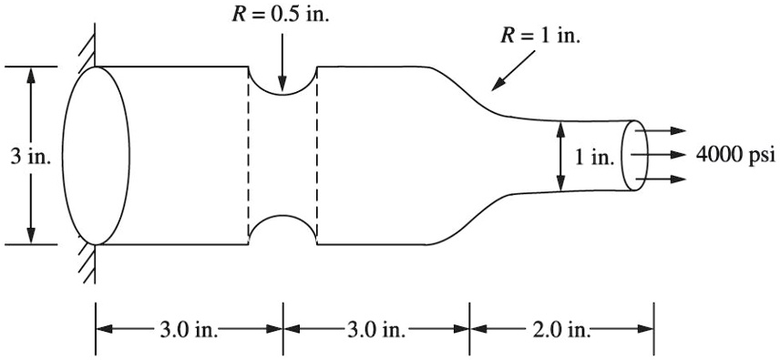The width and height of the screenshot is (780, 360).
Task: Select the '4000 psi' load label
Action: click(734, 155)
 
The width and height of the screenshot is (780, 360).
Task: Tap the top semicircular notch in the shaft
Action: click(282, 81)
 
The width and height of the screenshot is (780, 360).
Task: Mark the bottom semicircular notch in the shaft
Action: click(282, 231)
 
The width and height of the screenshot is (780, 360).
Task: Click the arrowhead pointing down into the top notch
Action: click(282, 87)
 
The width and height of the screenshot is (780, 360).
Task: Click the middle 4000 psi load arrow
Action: click(665, 155)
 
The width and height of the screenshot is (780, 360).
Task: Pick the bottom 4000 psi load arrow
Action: click(665, 179)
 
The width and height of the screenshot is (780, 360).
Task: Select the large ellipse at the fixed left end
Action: click(96, 156)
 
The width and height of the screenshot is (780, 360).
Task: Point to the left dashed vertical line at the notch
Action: click(249, 156)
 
